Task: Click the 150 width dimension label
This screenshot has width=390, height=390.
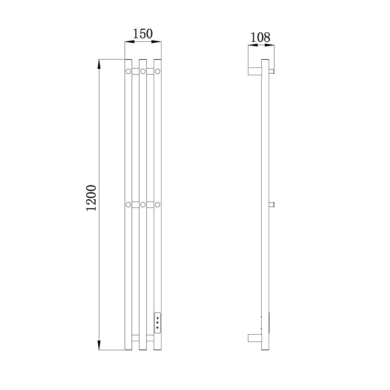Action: pyautogui.click(x=143, y=34)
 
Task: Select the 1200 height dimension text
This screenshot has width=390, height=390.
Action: pyautogui.click(x=91, y=198)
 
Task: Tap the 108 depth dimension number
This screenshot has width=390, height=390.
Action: pyautogui.click(x=260, y=37)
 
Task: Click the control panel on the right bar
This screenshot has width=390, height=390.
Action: pyautogui.click(x=158, y=323)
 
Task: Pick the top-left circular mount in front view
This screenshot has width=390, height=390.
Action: pyautogui.click(x=128, y=71)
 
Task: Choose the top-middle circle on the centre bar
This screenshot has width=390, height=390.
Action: pyautogui.click(x=143, y=71)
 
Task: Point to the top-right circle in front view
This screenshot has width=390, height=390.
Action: pyautogui.click(x=158, y=71)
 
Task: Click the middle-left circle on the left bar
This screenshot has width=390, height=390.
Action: pyautogui.click(x=128, y=205)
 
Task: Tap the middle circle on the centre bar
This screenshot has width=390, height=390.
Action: pyautogui.click(x=143, y=205)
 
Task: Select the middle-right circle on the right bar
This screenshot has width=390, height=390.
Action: pyautogui.click(x=158, y=205)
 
